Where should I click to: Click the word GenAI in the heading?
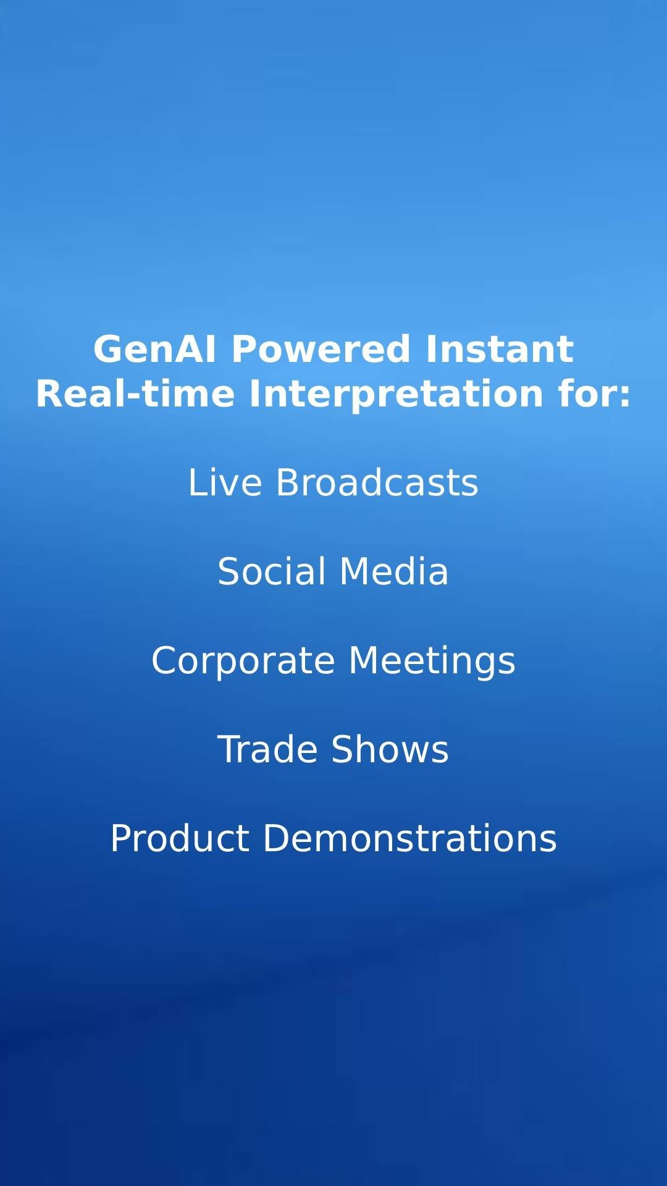coord(155,349)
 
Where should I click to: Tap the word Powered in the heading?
coord(321,349)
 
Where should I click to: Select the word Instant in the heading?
coord(500,349)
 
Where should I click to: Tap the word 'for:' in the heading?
coord(595,393)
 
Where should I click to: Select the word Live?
coord(225,482)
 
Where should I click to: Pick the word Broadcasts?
coord(377,482)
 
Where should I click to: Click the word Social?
coord(271,571)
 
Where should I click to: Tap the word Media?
coord(394,571)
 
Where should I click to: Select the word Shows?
coord(390,749)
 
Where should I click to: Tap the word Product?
coord(180,838)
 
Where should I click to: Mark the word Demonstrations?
coord(410,838)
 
